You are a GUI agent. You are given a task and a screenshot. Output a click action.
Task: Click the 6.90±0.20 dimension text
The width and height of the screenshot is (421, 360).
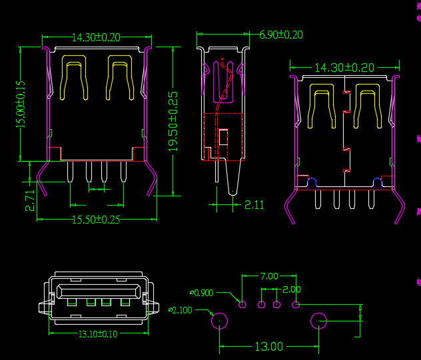pos(280,35)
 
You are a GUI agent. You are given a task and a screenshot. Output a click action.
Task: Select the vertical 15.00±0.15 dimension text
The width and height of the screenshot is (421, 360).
pos(21,103)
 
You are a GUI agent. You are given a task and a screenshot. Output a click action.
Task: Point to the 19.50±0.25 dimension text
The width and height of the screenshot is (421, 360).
pos(173,121)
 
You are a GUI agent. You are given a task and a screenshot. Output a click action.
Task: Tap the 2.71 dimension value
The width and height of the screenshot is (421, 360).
pos(30,200)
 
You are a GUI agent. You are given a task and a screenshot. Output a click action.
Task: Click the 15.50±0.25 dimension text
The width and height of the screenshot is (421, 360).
pos(96,220)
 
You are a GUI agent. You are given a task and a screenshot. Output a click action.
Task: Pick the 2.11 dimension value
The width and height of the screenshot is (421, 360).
pos(254,205)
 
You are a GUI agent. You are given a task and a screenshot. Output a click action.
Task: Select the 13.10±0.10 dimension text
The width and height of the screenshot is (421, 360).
pos(98,334)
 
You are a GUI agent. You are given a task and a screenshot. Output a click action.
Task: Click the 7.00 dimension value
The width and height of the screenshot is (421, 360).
pos(269,275)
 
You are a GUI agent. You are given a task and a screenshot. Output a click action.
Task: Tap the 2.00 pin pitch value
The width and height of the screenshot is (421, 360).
pos(292,289)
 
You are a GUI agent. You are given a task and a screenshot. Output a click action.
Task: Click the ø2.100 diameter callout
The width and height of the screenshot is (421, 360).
pos(181,310)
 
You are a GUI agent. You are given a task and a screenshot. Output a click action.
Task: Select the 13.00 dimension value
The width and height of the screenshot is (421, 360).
pos(268,347)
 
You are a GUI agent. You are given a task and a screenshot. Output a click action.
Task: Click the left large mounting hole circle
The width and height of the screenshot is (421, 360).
pos(219,322)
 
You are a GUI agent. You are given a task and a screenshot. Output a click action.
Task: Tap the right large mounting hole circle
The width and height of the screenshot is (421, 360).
pos(319,322)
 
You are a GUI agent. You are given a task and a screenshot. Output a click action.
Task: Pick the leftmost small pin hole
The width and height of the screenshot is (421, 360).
pos(242,305)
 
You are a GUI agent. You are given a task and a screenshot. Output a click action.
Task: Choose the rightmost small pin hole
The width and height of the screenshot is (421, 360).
pos(296,305)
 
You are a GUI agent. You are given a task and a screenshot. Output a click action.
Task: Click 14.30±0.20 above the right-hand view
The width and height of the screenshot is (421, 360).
pos(344,68)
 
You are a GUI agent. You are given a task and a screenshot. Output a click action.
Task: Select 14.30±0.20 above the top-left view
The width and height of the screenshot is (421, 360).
pos(96,38)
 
